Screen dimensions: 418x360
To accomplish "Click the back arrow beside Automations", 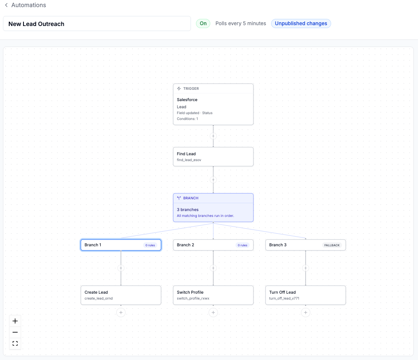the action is (6, 5).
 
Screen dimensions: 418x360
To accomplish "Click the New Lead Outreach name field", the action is (97, 24).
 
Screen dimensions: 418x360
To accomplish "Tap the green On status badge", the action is (203, 23).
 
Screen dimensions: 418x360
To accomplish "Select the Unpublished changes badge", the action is (301, 23).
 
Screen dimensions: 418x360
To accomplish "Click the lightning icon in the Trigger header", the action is (179, 89).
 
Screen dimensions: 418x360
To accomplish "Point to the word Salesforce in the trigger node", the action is (187, 100).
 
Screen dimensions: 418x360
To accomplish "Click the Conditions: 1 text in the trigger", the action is (188, 119).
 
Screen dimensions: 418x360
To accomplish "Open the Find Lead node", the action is (213, 157).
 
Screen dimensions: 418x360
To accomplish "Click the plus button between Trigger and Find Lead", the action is (213, 136).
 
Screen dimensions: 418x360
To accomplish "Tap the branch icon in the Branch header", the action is (179, 198).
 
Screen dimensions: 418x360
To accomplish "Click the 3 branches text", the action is (188, 210).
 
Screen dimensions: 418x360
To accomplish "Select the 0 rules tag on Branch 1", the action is (150, 245).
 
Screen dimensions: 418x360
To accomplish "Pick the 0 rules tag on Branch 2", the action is (242, 245).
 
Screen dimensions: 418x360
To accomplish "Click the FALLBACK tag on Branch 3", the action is (332, 245).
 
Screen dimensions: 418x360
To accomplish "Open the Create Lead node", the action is (121, 295).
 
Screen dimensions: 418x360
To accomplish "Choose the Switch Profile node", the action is (213, 295).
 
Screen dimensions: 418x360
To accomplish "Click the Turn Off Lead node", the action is (306, 295).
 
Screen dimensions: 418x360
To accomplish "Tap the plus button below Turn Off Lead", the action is (306, 313).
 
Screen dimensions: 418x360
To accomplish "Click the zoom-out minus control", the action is (15, 332).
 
